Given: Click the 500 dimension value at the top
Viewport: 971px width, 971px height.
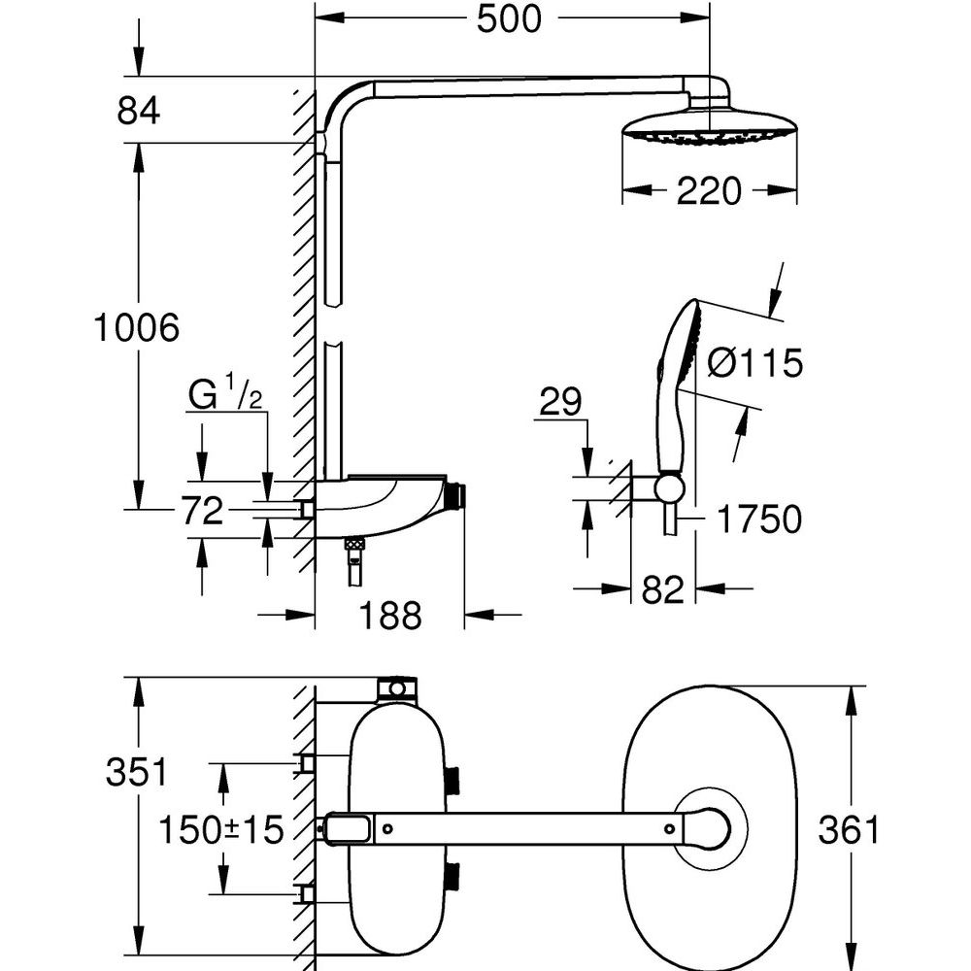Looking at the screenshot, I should [x=509, y=18].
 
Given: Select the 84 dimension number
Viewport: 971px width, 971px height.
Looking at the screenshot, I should [x=139, y=111].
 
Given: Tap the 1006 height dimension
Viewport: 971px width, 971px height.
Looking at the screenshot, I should [x=137, y=328].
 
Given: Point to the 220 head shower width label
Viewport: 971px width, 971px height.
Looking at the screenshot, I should [x=709, y=190].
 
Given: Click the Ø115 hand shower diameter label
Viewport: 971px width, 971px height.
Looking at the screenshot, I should [x=755, y=364].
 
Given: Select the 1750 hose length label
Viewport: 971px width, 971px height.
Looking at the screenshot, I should [x=758, y=519].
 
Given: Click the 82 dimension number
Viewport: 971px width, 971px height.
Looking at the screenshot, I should [x=663, y=589].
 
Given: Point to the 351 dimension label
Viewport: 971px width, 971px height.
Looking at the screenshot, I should [x=137, y=773].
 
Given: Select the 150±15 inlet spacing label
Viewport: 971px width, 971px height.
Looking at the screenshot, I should [x=221, y=829].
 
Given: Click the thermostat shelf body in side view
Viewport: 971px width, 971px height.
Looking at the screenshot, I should [x=388, y=505].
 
